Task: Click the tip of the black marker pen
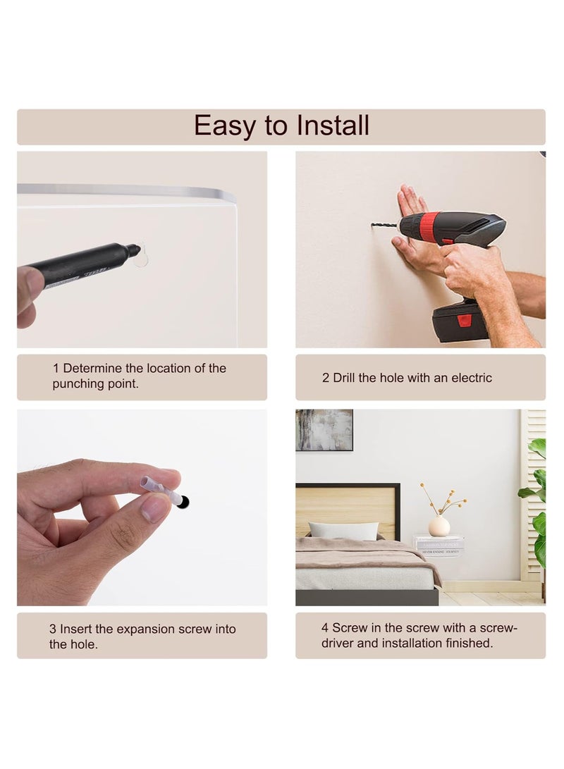point(137,249)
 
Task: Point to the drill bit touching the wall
point(386,226)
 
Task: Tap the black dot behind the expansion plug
point(183,502)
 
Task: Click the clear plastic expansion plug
point(161,489)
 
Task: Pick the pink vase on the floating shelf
point(439,525)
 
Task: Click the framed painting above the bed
point(324,430)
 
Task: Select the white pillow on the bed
point(343,531)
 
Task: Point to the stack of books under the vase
point(439,546)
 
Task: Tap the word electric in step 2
point(472,378)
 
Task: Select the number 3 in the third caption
point(52,629)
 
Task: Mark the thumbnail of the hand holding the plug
point(142,507)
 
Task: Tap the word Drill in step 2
point(344,378)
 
